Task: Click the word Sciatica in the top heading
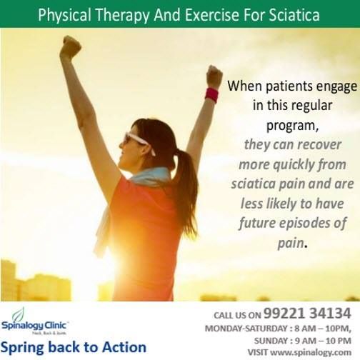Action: pos(293,14)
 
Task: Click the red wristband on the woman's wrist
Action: pos(212,95)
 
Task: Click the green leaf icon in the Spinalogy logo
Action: pos(18,314)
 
